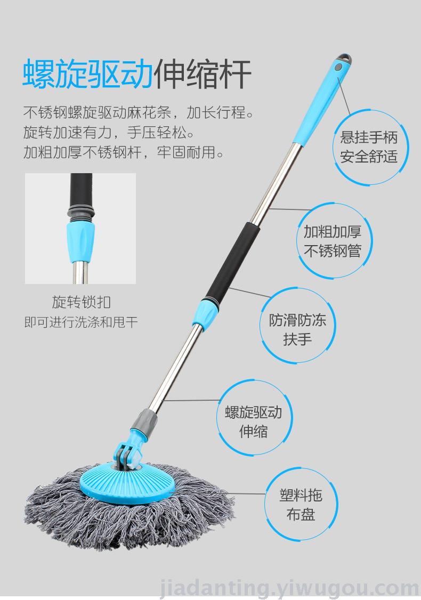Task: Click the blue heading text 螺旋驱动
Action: [87, 74]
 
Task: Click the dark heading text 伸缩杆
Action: [203, 74]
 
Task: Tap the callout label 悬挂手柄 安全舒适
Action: [369, 147]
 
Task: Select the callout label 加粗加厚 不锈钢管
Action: [333, 241]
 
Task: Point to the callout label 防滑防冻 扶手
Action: [297, 329]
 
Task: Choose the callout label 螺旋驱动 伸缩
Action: [253, 421]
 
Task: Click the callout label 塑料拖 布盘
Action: [301, 505]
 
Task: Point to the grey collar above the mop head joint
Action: [144, 423]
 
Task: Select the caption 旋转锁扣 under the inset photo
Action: [81, 302]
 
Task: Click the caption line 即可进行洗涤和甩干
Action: [81, 322]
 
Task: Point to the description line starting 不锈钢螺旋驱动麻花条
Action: [139, 112]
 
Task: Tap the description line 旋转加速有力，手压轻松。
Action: [109, 132]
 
